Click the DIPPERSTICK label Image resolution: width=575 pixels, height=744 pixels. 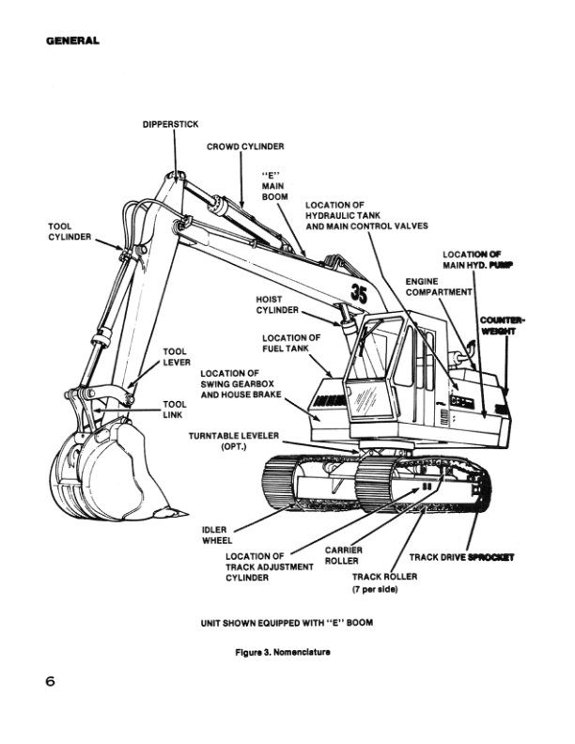tap(170, 124)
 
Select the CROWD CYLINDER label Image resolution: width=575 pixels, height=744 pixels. tap(245, 147)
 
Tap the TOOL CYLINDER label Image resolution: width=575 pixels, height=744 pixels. tap(70, 231)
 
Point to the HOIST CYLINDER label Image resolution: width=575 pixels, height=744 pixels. tap(277, 305)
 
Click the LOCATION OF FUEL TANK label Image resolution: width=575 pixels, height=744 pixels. tap(291, 343)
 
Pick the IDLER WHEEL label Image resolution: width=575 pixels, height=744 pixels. tap(217, 535)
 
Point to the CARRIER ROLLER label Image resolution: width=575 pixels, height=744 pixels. tap(342, 555)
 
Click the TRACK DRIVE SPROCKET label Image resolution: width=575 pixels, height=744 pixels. tap(461, 557)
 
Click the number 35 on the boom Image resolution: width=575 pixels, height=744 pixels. tap(359, 293)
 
